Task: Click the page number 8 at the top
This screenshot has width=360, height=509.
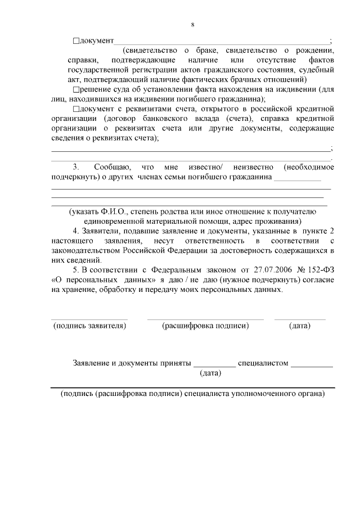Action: point(192,25)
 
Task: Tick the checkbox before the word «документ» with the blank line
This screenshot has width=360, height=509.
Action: point(76,41)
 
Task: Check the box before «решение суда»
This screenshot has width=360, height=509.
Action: point(76,89)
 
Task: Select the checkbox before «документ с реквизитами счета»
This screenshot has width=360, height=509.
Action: point(76,109)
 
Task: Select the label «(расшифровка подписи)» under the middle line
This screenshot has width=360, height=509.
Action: point(205,326)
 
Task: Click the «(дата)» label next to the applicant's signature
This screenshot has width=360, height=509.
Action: point(299,326)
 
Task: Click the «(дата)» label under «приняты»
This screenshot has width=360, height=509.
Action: point(210,372)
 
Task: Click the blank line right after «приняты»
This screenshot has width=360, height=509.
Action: point(214,366)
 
